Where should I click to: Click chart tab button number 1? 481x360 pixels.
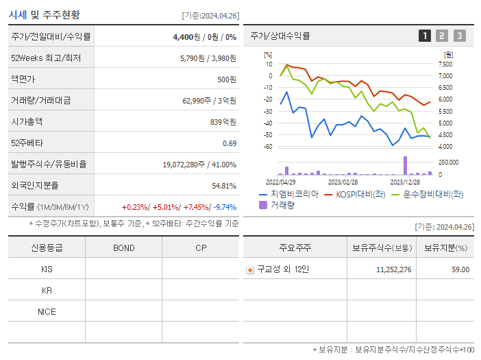425,36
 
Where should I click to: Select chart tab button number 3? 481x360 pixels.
459,36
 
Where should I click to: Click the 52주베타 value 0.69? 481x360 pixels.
230,143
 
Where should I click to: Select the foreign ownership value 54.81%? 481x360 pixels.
223,186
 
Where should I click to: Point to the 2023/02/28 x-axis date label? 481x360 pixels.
343,182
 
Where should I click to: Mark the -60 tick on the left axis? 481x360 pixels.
268,147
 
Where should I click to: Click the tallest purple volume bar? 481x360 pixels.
405,166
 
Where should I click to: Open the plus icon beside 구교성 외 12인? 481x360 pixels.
250,269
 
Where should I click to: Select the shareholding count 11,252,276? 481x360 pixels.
394,269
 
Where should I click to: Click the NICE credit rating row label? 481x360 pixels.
47,312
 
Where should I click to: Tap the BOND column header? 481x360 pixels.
123,248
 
